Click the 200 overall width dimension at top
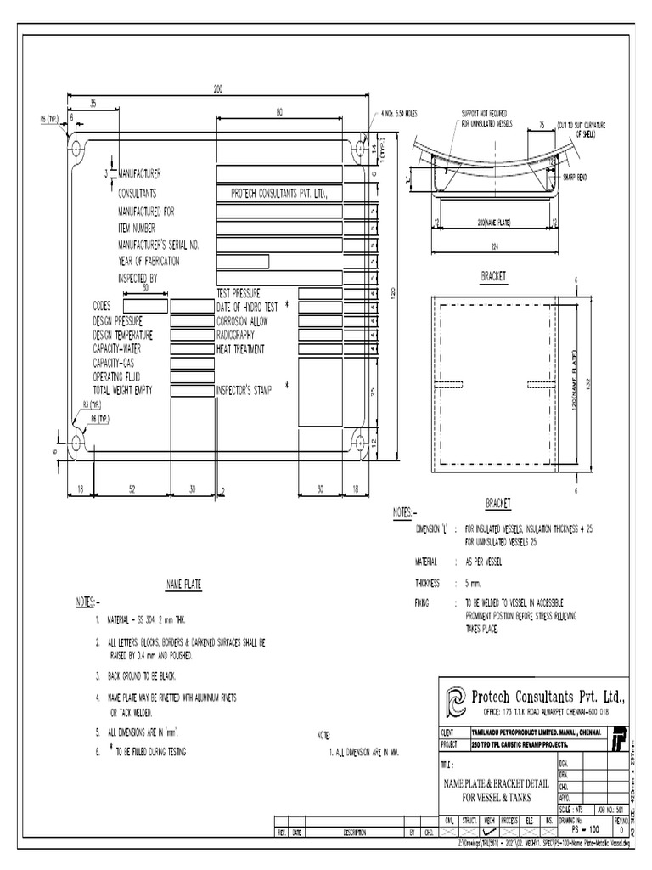point(218,89)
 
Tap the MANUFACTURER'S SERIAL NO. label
point(159,244)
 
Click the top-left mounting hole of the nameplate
point(77,149)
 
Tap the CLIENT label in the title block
point(447,731)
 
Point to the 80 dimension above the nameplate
point(279,111)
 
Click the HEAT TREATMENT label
point(240,349)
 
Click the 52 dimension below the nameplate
point(131,490)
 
